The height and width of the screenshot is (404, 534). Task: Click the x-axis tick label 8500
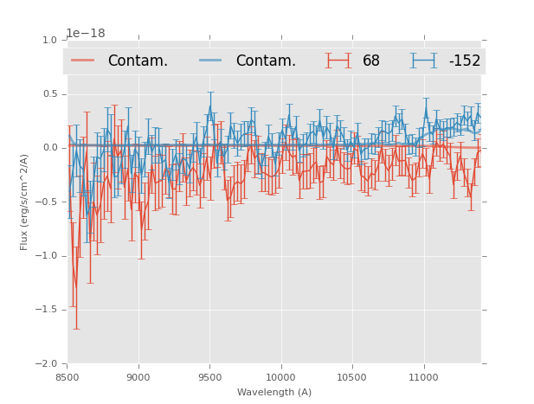pos(68,377)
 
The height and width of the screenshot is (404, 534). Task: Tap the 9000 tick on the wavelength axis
pos(138,377)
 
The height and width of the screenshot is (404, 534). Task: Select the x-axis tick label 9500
pos(209,377)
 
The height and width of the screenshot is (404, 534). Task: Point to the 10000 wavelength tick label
pos(281,377)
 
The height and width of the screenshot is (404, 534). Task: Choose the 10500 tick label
pos(352,377)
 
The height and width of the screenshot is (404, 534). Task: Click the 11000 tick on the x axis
pos(423,377)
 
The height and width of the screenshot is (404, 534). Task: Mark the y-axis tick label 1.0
pos(48,40)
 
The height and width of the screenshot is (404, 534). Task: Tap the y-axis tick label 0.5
pos(48,94)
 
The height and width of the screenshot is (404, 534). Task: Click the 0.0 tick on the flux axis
pos(48,148)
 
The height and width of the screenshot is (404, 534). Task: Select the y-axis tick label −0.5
pos(46,202)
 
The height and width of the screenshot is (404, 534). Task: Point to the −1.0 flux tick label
pos(46,256)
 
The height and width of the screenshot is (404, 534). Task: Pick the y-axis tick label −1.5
pos(46,310)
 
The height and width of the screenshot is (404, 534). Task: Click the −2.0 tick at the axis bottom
pos(46,364)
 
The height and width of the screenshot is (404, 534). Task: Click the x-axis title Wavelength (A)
pos(274,393)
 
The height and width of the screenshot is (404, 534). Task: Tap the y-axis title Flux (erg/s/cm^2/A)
pos(25,202)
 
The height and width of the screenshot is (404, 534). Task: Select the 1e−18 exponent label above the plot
pos(86,34)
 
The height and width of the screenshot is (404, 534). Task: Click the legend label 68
pos(371,61)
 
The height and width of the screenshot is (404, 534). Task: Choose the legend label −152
pos(464,61)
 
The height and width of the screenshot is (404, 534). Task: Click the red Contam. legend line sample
pos(82,61)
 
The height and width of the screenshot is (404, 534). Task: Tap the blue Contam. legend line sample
pos(210,61)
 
